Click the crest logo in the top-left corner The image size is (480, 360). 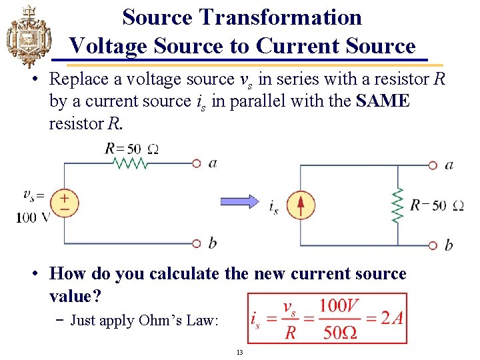(27, 34)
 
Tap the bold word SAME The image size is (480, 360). (383, 101)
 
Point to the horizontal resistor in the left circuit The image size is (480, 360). (132, 163)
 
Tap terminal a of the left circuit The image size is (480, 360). (197, 163)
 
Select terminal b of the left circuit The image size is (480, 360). (197, 243)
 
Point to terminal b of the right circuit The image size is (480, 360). (433, 245)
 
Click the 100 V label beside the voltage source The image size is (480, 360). (33, 217)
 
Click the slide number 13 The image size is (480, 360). (240, 352)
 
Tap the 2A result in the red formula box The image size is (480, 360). (391, 317)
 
